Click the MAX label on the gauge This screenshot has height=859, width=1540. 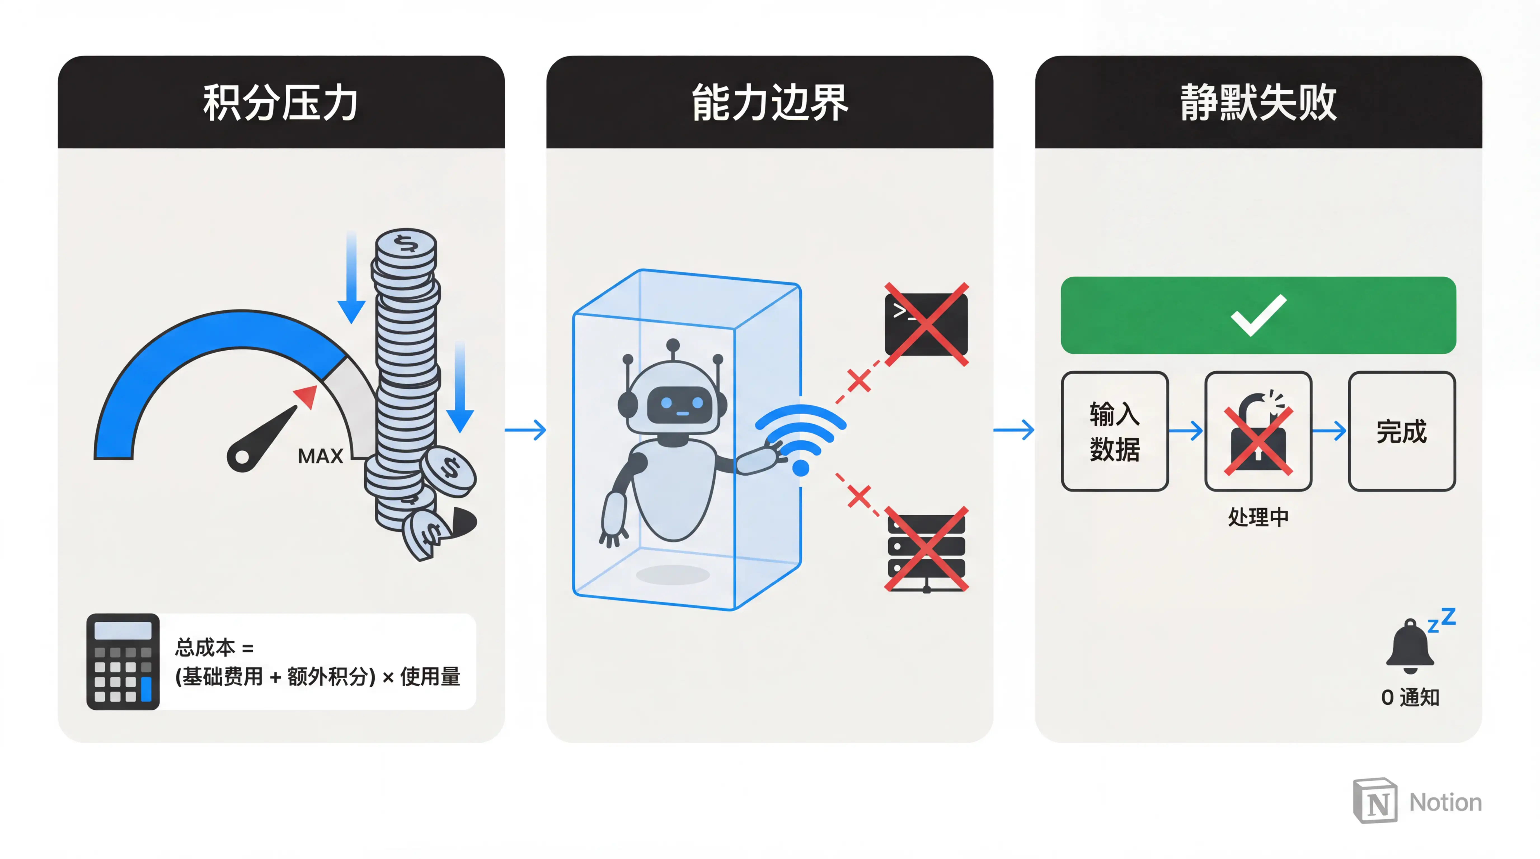(320, 456)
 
